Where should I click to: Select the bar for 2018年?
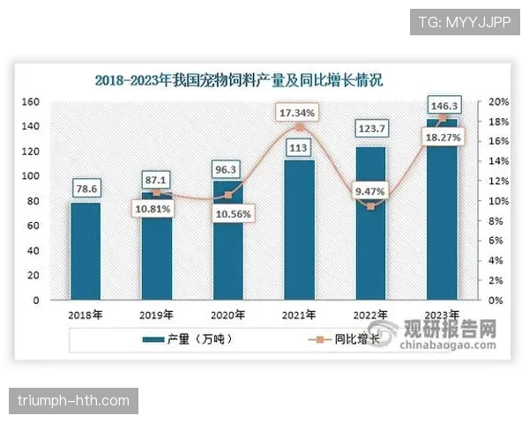[x=86, y=251]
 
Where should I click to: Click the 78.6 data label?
[x=86, y=187]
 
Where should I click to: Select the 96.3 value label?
[x=227, y=167]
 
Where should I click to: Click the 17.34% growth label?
[x=297, y=114]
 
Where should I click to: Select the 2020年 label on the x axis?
[x=227, y=315]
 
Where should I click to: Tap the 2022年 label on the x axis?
[x=369, y=315]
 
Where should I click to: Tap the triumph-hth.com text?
[x=74, y=401]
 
